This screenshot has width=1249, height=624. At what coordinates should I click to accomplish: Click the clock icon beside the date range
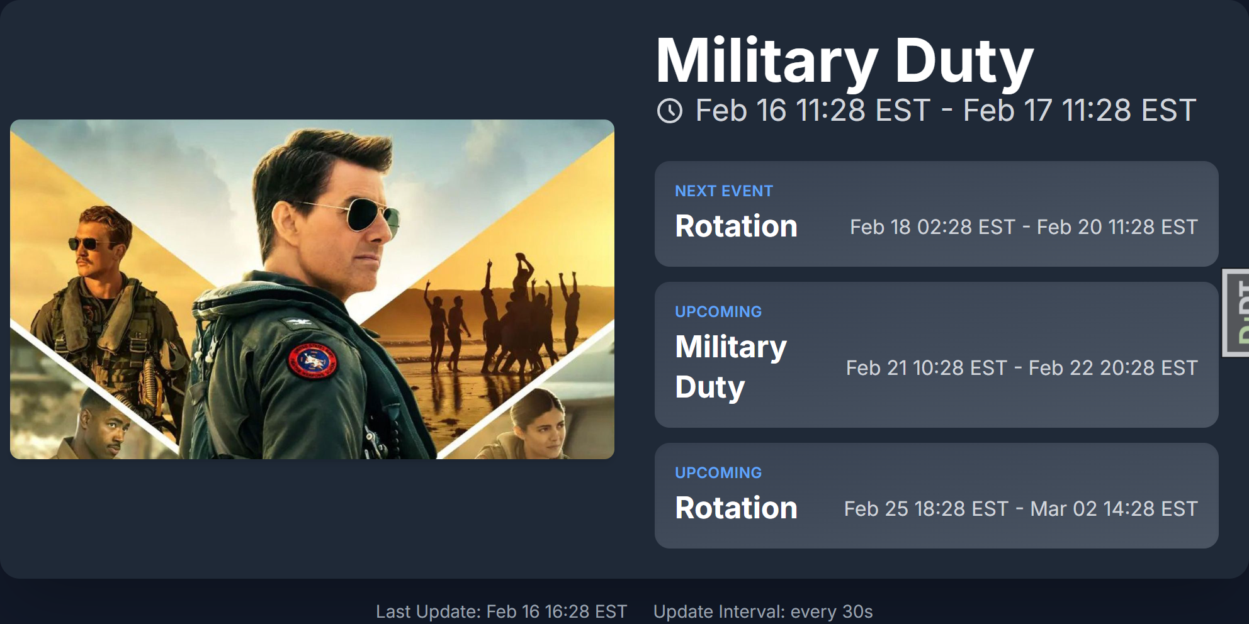pyautogui.click(x=669, y=111)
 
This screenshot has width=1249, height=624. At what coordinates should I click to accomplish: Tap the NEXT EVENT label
pyautogui.click(x=724, y=191)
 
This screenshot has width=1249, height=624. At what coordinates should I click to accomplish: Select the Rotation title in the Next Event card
pyautogui.click(x=736, y=226)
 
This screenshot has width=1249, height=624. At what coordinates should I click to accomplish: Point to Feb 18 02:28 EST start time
pyautogui.click(x=932, y=227)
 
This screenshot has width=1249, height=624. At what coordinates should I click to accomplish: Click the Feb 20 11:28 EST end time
pyautogui.click(x=1117, y=227)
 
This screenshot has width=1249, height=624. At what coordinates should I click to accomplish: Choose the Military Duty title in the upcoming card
pyautogui.click(x=731, y=367)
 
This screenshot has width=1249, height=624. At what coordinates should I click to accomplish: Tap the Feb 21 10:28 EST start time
pyautogui.click(x=926, y=368)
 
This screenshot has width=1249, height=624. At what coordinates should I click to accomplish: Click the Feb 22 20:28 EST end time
pyautogui.click(x=1113, y=368)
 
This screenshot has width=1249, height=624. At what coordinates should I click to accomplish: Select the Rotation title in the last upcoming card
pyautogui.click(x=736, y=508)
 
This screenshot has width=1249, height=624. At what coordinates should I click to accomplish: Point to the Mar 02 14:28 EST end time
pyautogui.click(x=1114, y=509)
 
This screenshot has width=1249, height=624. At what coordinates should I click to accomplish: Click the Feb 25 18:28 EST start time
pyautogui.click(x=926, y=509)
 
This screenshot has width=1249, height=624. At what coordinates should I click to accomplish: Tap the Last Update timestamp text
pyautogui.click(x=501, y=611)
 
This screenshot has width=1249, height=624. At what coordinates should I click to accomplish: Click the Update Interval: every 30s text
pyautogui.click(x=763, y=611)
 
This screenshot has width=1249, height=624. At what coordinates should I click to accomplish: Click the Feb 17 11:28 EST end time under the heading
pyautogui.click(x=1079, y=111)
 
